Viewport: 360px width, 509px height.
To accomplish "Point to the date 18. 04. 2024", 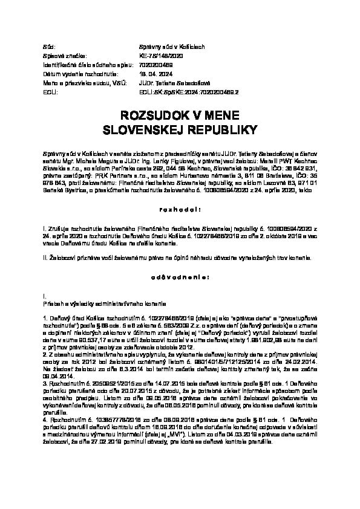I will pos(153,73).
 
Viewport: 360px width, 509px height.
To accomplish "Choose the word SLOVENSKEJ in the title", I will pos(145,129).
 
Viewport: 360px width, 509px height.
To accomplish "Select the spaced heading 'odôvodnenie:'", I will pos(180,277).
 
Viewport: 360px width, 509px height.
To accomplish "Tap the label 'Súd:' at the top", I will pos(41,45).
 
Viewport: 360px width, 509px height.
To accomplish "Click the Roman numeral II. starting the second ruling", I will pos(38,258).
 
